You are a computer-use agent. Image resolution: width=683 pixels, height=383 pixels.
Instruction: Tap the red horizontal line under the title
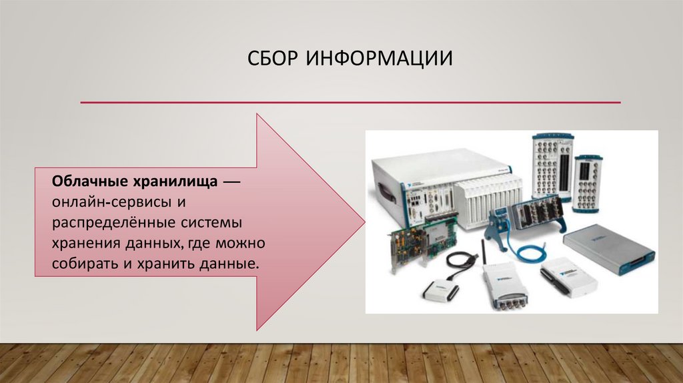pyautogui.click(x=350, y=103)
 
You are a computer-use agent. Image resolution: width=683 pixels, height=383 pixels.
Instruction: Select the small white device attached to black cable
pyautogui.click(x=441, y=291)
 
